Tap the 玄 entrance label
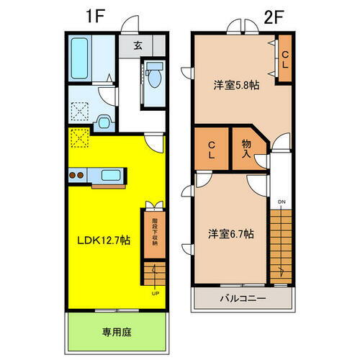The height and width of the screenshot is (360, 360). (x=138, y=45)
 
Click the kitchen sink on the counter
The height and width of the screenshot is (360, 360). (x=111, y=175)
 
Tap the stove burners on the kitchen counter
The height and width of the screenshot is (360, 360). (x=78, y=175)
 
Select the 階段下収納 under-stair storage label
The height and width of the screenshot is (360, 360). (x=153, y=232)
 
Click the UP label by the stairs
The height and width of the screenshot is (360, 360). (x=156, y=293)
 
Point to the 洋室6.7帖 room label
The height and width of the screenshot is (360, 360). (x=228, y=233)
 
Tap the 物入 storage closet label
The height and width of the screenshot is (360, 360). (x=246, y=148)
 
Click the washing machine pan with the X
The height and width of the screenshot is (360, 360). (x=80, y=112)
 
